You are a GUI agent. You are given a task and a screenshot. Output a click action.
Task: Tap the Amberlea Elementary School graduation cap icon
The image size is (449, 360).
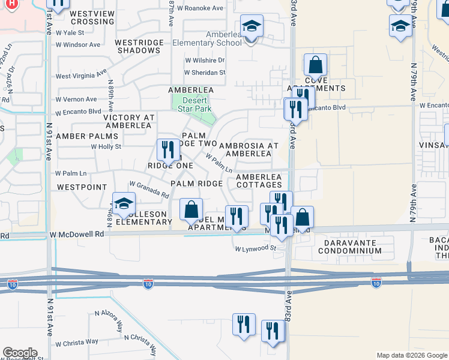(252, 27)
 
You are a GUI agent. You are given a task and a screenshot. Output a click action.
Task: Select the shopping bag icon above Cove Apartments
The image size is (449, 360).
(315, 65)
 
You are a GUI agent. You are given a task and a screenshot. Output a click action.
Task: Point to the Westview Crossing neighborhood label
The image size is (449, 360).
(92, 17)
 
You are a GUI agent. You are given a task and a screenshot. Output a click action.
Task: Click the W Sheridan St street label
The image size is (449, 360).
(205, 73)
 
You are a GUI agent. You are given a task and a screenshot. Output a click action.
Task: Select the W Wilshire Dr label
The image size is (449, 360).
(205, 60)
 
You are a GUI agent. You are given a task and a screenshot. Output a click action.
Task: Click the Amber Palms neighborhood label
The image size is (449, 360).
(87, 136)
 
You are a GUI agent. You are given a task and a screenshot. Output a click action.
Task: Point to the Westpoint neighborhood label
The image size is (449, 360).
(82, 187)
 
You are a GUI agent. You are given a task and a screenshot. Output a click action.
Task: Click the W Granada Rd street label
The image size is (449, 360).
(148, 190)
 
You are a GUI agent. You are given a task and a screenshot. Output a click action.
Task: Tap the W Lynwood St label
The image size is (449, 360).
(255, 248)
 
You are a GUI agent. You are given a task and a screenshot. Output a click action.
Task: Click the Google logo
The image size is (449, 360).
(20, 353)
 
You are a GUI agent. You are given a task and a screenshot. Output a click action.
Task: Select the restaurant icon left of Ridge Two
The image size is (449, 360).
(167, 150)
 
